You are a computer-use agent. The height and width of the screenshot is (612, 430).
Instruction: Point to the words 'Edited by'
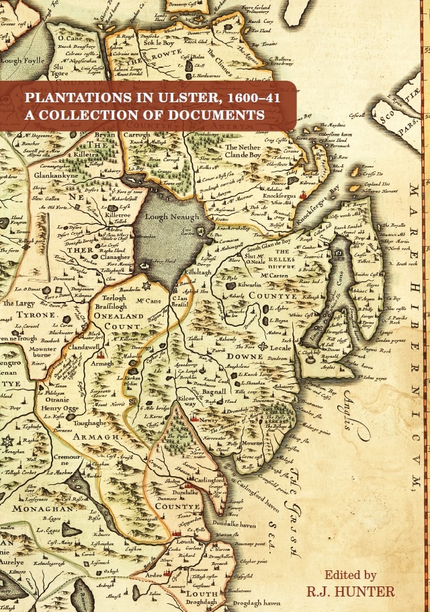coord(350,575)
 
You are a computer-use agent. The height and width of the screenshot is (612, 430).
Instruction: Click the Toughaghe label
coord(91,424)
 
